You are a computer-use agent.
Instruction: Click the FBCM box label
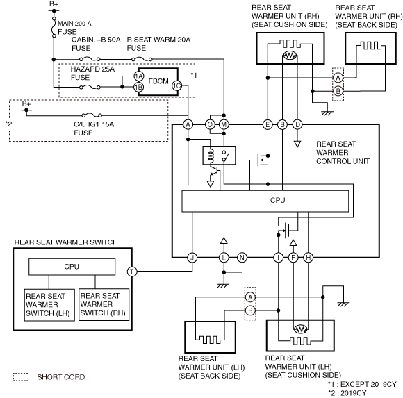point(158,81)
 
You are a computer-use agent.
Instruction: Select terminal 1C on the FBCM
point(176,86)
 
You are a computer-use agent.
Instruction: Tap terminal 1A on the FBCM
point(139,76)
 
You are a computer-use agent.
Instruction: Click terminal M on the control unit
point(224,124)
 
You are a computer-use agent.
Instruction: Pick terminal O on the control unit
point(210,124)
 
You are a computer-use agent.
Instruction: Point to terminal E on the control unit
point(268,124)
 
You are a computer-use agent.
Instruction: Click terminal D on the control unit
point(297,124)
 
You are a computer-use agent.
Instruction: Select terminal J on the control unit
point(192,258)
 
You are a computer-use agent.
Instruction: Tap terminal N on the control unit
point(242,258)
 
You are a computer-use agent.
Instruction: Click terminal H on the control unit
point(309,258)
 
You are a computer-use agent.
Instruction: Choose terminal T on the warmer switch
point(132,272)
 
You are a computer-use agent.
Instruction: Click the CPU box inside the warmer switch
point(72,267)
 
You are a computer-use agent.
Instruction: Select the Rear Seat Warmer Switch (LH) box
point(49,305)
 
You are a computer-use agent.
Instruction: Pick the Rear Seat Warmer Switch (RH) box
point(104,304)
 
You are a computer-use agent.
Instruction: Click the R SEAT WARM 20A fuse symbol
point(142,59)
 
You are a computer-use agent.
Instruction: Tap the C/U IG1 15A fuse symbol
point(92,115)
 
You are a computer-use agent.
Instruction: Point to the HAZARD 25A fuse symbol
point(90,87)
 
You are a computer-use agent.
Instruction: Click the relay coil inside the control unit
point(211,156)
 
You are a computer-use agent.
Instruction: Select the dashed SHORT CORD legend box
point(21,377)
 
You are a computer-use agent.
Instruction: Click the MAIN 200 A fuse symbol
point(54,27)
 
